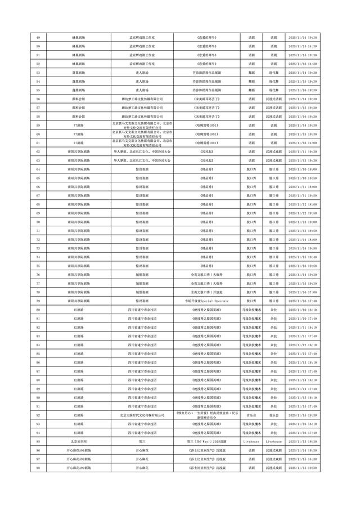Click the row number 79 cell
point(38,301)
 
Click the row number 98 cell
point(38,468)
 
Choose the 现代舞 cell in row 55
point(273,90)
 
